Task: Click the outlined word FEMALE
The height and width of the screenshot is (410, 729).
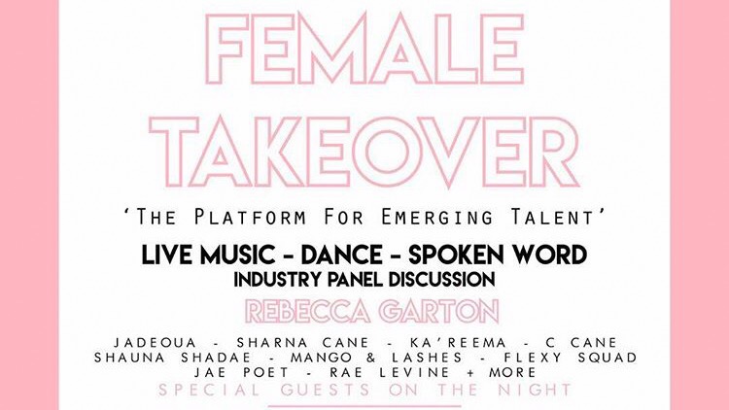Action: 364,49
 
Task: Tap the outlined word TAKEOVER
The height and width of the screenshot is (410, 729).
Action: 364,152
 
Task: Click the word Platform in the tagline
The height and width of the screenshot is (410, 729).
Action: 251,217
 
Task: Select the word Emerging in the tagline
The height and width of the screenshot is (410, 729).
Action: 436,217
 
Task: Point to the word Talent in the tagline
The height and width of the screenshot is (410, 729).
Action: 552,217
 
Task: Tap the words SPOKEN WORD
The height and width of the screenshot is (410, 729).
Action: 498,255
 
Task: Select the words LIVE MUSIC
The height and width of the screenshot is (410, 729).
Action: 208,255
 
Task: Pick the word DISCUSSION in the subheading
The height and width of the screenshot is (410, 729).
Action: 441,280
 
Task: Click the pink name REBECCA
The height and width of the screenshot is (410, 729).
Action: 308,312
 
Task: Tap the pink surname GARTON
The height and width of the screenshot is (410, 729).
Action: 439,312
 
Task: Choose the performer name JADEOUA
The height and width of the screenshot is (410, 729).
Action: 156,343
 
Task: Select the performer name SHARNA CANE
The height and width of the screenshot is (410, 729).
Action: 302,343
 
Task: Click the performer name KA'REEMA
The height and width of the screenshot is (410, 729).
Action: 458,343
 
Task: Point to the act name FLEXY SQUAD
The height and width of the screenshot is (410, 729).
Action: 571,358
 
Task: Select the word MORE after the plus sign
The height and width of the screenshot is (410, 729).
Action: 513,372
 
